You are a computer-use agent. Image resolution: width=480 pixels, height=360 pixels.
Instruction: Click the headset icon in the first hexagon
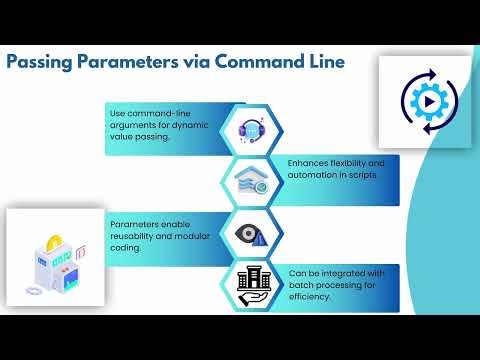pos(251,128)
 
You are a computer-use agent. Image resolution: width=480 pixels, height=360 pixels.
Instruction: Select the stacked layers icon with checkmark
pos(250,181)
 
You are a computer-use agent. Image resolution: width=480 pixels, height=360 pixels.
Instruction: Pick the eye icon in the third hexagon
pos(250,234)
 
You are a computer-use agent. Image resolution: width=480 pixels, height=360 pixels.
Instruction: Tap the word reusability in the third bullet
pos(132,237)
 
